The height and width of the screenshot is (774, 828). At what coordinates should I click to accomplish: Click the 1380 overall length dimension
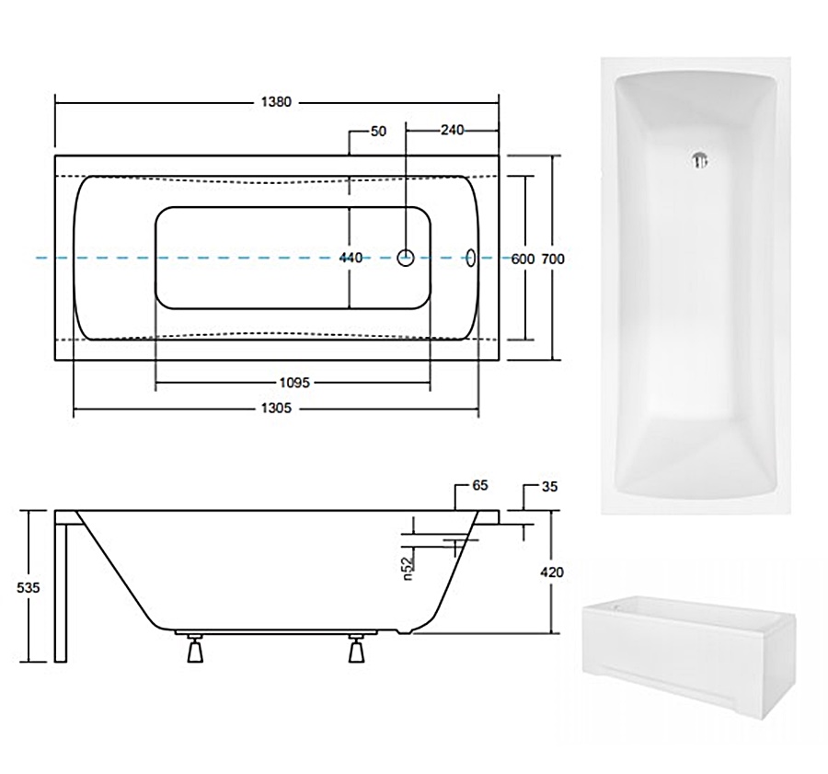pyautogui.click(x=276, y=102)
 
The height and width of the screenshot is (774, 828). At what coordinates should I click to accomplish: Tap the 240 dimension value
pyautogui.click(x=452, y=130)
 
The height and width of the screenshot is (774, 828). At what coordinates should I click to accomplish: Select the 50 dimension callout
pyautogui.click(x=379, y=131)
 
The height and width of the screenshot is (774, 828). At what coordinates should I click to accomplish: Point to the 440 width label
pyautogui.click(x=351, y=258)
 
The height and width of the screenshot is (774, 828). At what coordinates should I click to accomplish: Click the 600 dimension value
pyautogui.click(x=523, y=259)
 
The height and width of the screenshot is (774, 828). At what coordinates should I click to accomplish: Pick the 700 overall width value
pyautogui.click(x=553, y=259)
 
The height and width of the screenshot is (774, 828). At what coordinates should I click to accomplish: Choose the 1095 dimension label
pyautogui.click(x=294, y=383)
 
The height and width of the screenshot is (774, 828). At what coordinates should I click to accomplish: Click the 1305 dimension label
pyautogui.click(x=276, y=408)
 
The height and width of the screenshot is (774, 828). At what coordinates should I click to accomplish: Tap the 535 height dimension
pyautogui.click(x=28, y=587)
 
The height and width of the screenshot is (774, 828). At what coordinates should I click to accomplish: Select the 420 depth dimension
pyautogui.click(x=552, y=572)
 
